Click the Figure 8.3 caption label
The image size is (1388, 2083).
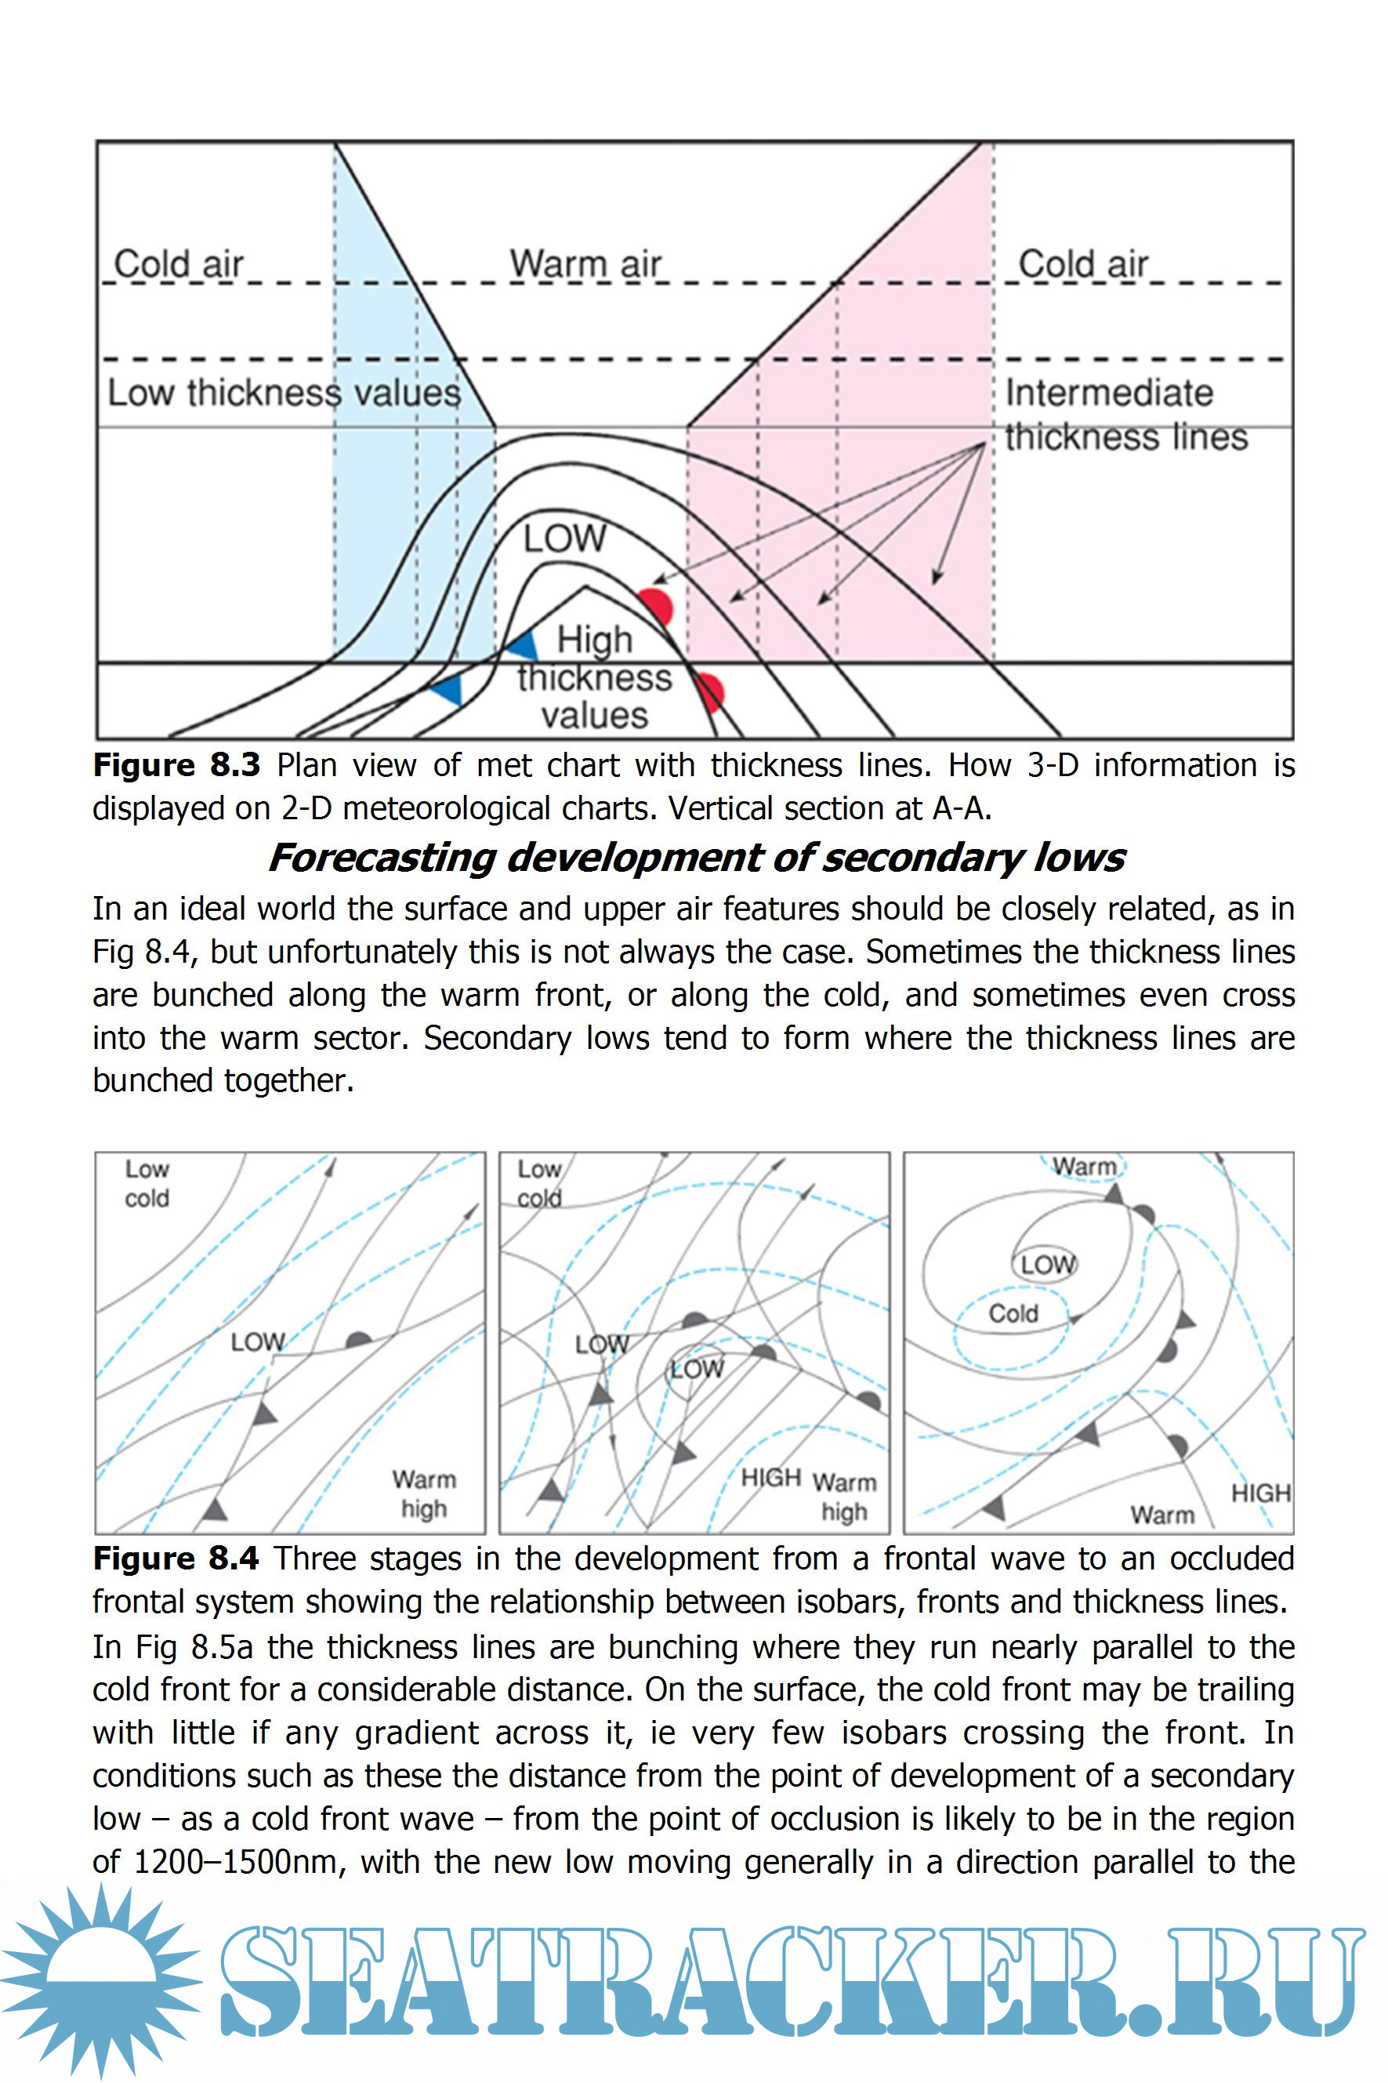pos(176,765)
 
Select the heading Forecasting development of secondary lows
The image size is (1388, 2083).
pos(696,857)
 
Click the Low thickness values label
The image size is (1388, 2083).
pos(283,392)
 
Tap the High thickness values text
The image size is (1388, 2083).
pos(594,677)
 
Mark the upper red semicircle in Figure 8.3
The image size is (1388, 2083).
pos(658,605)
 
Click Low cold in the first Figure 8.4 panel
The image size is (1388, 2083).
pos(147,1184)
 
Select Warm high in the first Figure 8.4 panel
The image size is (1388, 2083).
pos(424,1493)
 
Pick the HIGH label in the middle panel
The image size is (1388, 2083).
pos(770,1478)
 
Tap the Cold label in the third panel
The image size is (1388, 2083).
pos(1013,1313)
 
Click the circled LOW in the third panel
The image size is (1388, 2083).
pos(1046,1264)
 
